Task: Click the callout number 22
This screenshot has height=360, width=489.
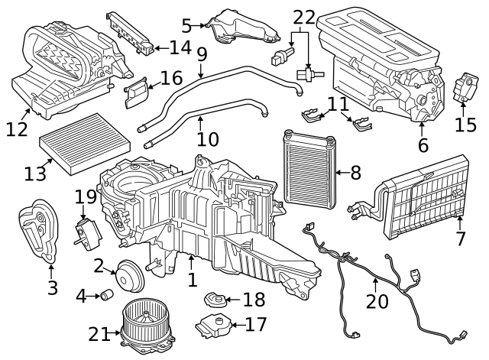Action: (304, 16)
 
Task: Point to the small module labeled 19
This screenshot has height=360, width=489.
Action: (86, 230)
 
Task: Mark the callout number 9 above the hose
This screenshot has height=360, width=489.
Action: (202, 56)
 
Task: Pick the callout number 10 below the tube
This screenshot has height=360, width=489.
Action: (207, 140)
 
